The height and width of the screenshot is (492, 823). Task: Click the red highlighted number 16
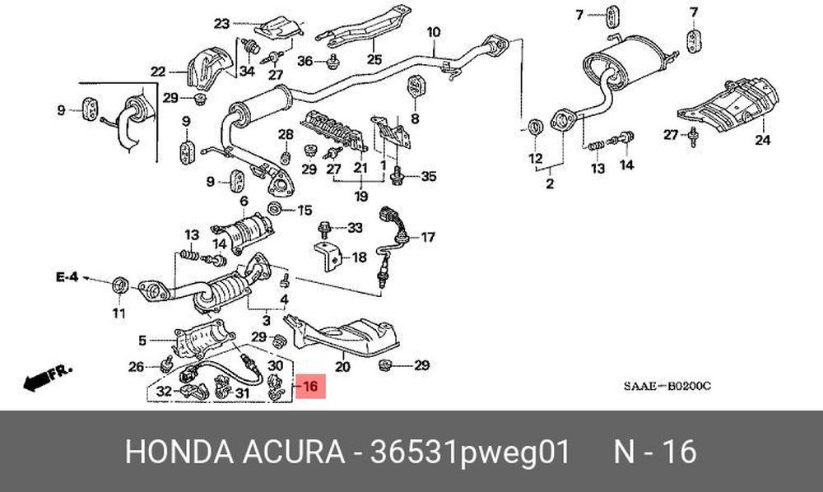click(x=311, y=387)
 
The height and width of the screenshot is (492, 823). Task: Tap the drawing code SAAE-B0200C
click(x=667, y=387)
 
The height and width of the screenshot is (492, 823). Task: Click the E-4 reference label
click(x=67, y=276)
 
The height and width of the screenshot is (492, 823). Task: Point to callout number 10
click(x=434, y=33)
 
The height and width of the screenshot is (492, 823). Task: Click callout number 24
click(x=763, y=140)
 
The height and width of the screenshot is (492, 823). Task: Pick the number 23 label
click(x=222, y=24)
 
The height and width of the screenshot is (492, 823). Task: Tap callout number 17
click(x=428, y=238)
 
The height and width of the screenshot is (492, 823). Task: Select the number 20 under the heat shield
click(x=342, y=366)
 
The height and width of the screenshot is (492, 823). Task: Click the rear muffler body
click(x=625, y=63)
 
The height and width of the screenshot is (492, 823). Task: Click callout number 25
click(x=374, y=59)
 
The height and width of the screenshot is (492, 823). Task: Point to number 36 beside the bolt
click(x=305, y=62)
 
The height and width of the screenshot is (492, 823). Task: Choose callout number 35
click(x=429, y=176)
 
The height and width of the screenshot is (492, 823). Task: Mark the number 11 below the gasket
click(x=119, y=313)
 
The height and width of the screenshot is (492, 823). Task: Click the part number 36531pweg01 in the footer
click(x=470, y=452)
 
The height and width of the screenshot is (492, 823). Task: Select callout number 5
click(x=142, y=341)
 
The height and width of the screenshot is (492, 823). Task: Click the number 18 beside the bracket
click(x=360, y=258)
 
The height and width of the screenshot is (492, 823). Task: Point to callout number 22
click(x=158, y=72)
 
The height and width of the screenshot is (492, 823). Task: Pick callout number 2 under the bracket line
click(x=550, y=184)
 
